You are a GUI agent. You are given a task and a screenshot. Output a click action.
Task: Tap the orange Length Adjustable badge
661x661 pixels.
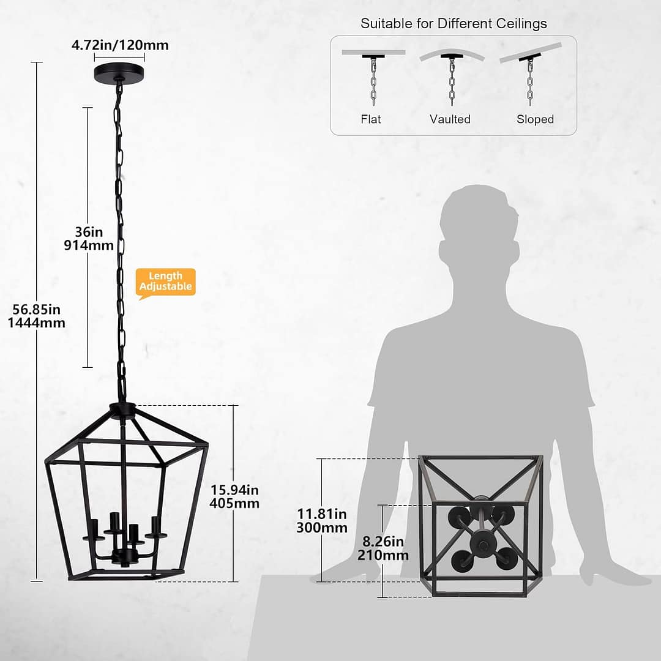click(166, 282)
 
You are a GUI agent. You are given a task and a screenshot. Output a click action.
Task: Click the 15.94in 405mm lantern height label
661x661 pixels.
click(234, 496)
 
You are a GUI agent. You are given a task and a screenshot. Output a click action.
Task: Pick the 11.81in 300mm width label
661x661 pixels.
click(322, 520)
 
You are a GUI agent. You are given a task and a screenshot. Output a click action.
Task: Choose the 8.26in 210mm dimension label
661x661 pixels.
click(383, 548)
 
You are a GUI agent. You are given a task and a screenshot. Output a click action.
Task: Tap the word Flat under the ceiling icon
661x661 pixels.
click(371, 119)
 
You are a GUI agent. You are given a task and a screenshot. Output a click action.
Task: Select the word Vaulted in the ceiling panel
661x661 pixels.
click(450, 119)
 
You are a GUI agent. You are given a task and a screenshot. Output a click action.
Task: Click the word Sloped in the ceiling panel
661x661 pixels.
click(535, 119)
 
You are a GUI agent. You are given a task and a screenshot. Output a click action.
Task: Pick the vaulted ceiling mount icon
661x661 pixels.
click(452, 73)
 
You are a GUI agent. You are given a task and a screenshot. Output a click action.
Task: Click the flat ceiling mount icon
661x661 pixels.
click(373, 73)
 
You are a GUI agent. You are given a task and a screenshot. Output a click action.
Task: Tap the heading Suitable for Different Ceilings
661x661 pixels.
click(454, 24)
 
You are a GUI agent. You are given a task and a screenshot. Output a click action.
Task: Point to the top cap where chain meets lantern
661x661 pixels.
click(123, 409)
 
